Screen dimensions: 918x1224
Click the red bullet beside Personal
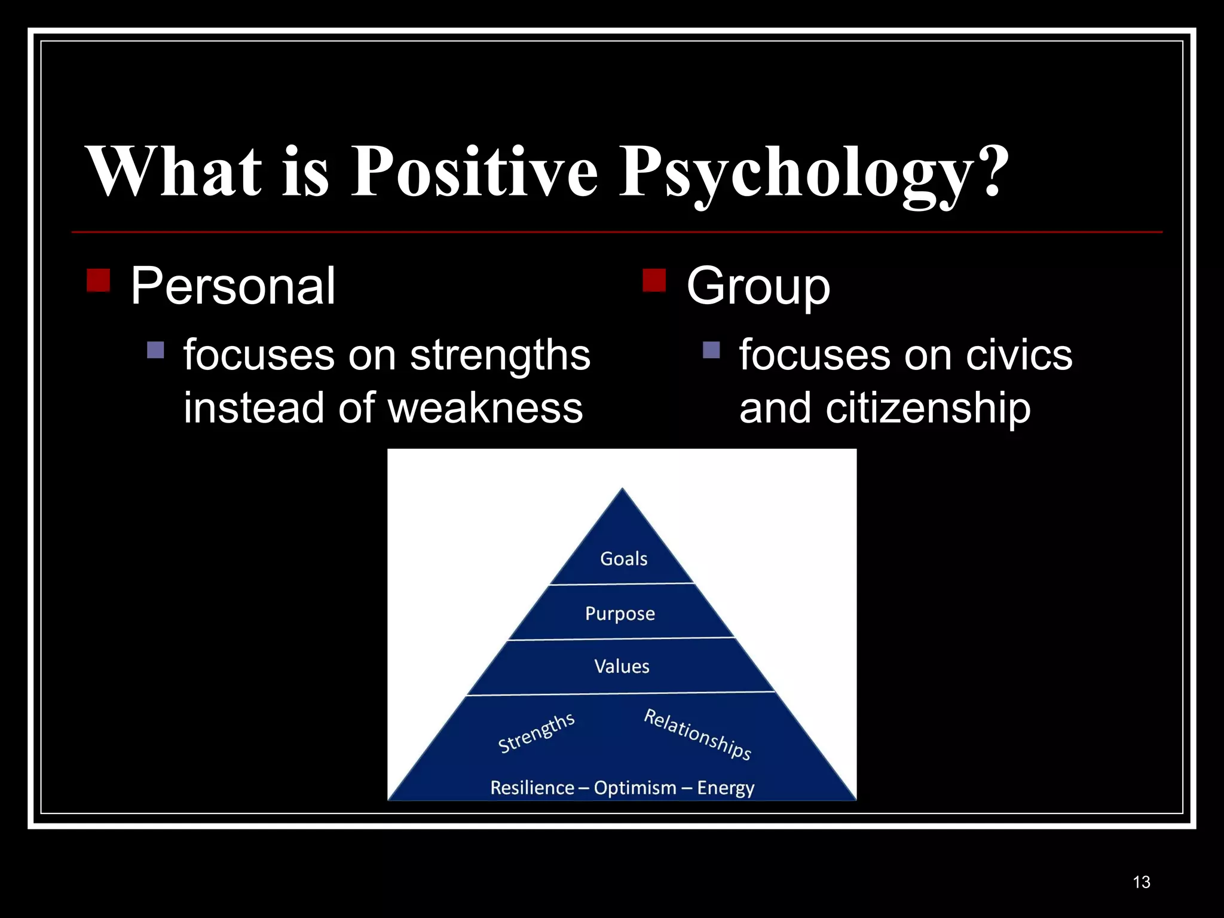98,280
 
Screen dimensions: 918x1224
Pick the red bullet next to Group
654,280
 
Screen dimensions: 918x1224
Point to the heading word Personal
232,286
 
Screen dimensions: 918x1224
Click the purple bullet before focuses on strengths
155,350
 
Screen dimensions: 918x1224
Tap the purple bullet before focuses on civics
711,350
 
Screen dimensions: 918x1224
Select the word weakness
485,408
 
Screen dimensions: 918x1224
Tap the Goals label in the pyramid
623,559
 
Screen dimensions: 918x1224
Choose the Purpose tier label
620,614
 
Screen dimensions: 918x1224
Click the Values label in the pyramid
622,666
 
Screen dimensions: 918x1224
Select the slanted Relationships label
697,734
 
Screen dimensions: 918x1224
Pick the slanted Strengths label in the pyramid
536,733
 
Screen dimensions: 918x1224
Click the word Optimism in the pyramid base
635,788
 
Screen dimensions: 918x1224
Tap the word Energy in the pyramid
726,788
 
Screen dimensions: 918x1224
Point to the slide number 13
1141,882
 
